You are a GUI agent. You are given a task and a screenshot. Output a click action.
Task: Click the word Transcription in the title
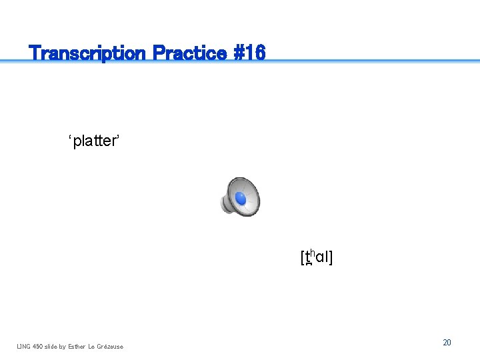pyautogui.click(x=87, y=53)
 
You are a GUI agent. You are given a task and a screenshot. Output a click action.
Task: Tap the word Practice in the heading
pyautogui.click(x=189, y=53)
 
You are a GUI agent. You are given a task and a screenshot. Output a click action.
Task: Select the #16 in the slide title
pyautogui.click(x=249, y=53)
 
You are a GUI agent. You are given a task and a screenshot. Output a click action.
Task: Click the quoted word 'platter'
pyautogui.click(x=94, y=141)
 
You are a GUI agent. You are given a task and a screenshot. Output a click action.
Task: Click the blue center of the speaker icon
pyautogui.click(x=240, y=199)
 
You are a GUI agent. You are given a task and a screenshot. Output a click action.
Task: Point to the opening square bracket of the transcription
pyautogui.click(x=302, y=257)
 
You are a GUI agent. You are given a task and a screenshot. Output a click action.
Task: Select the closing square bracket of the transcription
pyautogui.click(x=331, y=257)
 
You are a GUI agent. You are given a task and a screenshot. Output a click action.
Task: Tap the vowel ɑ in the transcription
pyautogui.click(x=319, y=258)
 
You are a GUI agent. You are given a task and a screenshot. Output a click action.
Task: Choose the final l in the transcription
pyautogui.click(x=326, y=257)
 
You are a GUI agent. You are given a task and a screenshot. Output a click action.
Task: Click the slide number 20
pyautogui.click(x=447, y=342)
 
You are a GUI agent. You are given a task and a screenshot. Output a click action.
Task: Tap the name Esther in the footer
pyautogui.click(x=78, y=346)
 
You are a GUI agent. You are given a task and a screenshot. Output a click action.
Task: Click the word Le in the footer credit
pyautogui.click(x=93, y=346)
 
